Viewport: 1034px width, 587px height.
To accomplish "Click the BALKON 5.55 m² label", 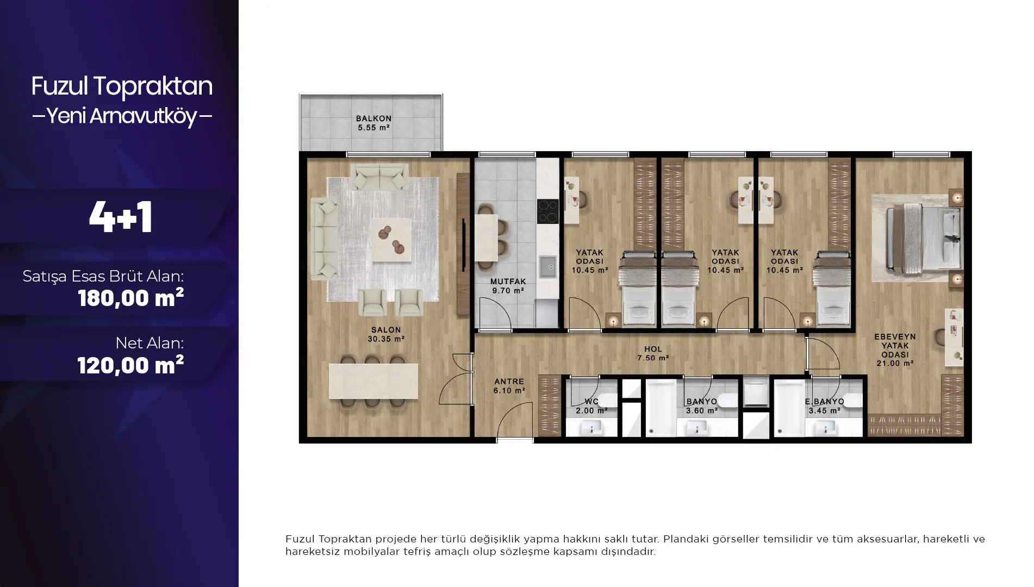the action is (x=373, y=123).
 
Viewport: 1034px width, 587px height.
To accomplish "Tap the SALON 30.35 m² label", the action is (x=386, y=334).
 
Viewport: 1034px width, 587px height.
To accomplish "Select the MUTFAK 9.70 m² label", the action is (x=508, y=286).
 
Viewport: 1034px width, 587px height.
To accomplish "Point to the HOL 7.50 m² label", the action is (x=653, y=353).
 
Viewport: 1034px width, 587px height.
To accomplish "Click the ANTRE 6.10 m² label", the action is (x=509, y=386).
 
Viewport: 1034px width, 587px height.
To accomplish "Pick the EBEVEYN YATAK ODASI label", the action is (x=895, y=350).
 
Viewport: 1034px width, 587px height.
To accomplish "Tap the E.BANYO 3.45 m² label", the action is (x=825, y=406).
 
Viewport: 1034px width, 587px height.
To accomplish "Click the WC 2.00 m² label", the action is (x=591, y=406).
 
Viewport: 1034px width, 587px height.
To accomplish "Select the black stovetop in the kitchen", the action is (x=548, y=211).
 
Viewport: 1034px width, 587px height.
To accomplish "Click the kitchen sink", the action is (x=547, y=266).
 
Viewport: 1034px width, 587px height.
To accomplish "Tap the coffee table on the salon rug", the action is (x=391, y=240).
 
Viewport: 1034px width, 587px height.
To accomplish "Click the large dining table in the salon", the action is (x=373, y=381).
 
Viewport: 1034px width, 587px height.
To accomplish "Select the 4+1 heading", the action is (x=121, y=217).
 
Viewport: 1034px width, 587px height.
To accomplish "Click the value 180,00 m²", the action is (x=130, y=298).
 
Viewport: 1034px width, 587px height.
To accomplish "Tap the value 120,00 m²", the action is (x=130, y=365).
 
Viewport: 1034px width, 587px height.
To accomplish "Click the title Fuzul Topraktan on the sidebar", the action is (x=122, y=86).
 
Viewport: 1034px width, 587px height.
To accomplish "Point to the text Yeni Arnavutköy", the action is (x=122, y=115).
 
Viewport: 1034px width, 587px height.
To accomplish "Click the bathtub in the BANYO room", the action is (x=661, y=408).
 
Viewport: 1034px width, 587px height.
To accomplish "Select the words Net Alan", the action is (x=150, y=343).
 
